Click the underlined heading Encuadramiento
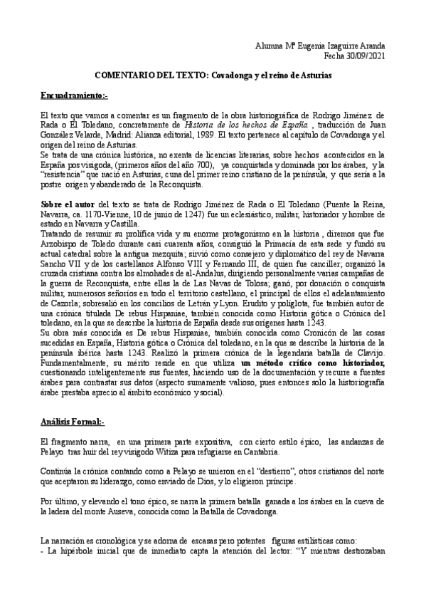click(73, 95)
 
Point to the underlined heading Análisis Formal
click(72, 422)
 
